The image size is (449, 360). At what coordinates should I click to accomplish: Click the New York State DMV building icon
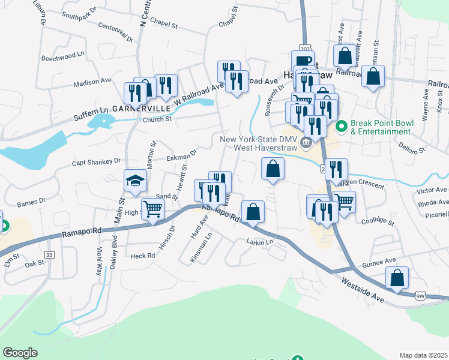click(306, 143)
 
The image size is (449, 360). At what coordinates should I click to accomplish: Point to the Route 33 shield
click(49, 255)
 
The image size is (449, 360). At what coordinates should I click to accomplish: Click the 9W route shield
click(421, 295)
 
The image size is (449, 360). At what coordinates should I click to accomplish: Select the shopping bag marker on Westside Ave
click(397, 278)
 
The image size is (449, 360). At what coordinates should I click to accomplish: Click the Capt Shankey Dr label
click(96, 161)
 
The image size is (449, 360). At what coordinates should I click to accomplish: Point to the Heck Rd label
click(143, 256)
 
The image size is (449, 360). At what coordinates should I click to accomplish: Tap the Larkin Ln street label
click(260, 242)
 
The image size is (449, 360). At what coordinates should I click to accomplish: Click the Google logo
click(20, 353)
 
